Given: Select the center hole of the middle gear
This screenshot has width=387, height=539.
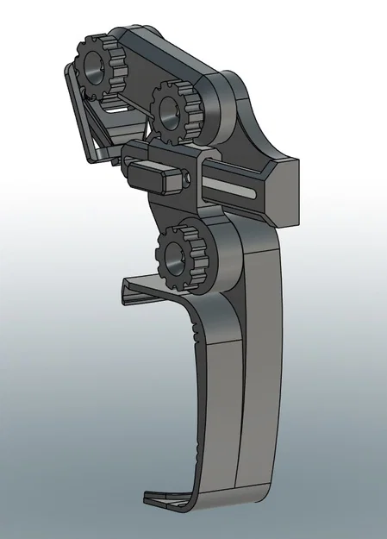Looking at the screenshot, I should [171, 110].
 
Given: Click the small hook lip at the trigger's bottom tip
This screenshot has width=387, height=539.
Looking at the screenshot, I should [164, 498].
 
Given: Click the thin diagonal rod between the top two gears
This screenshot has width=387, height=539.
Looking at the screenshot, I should [129, 103].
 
